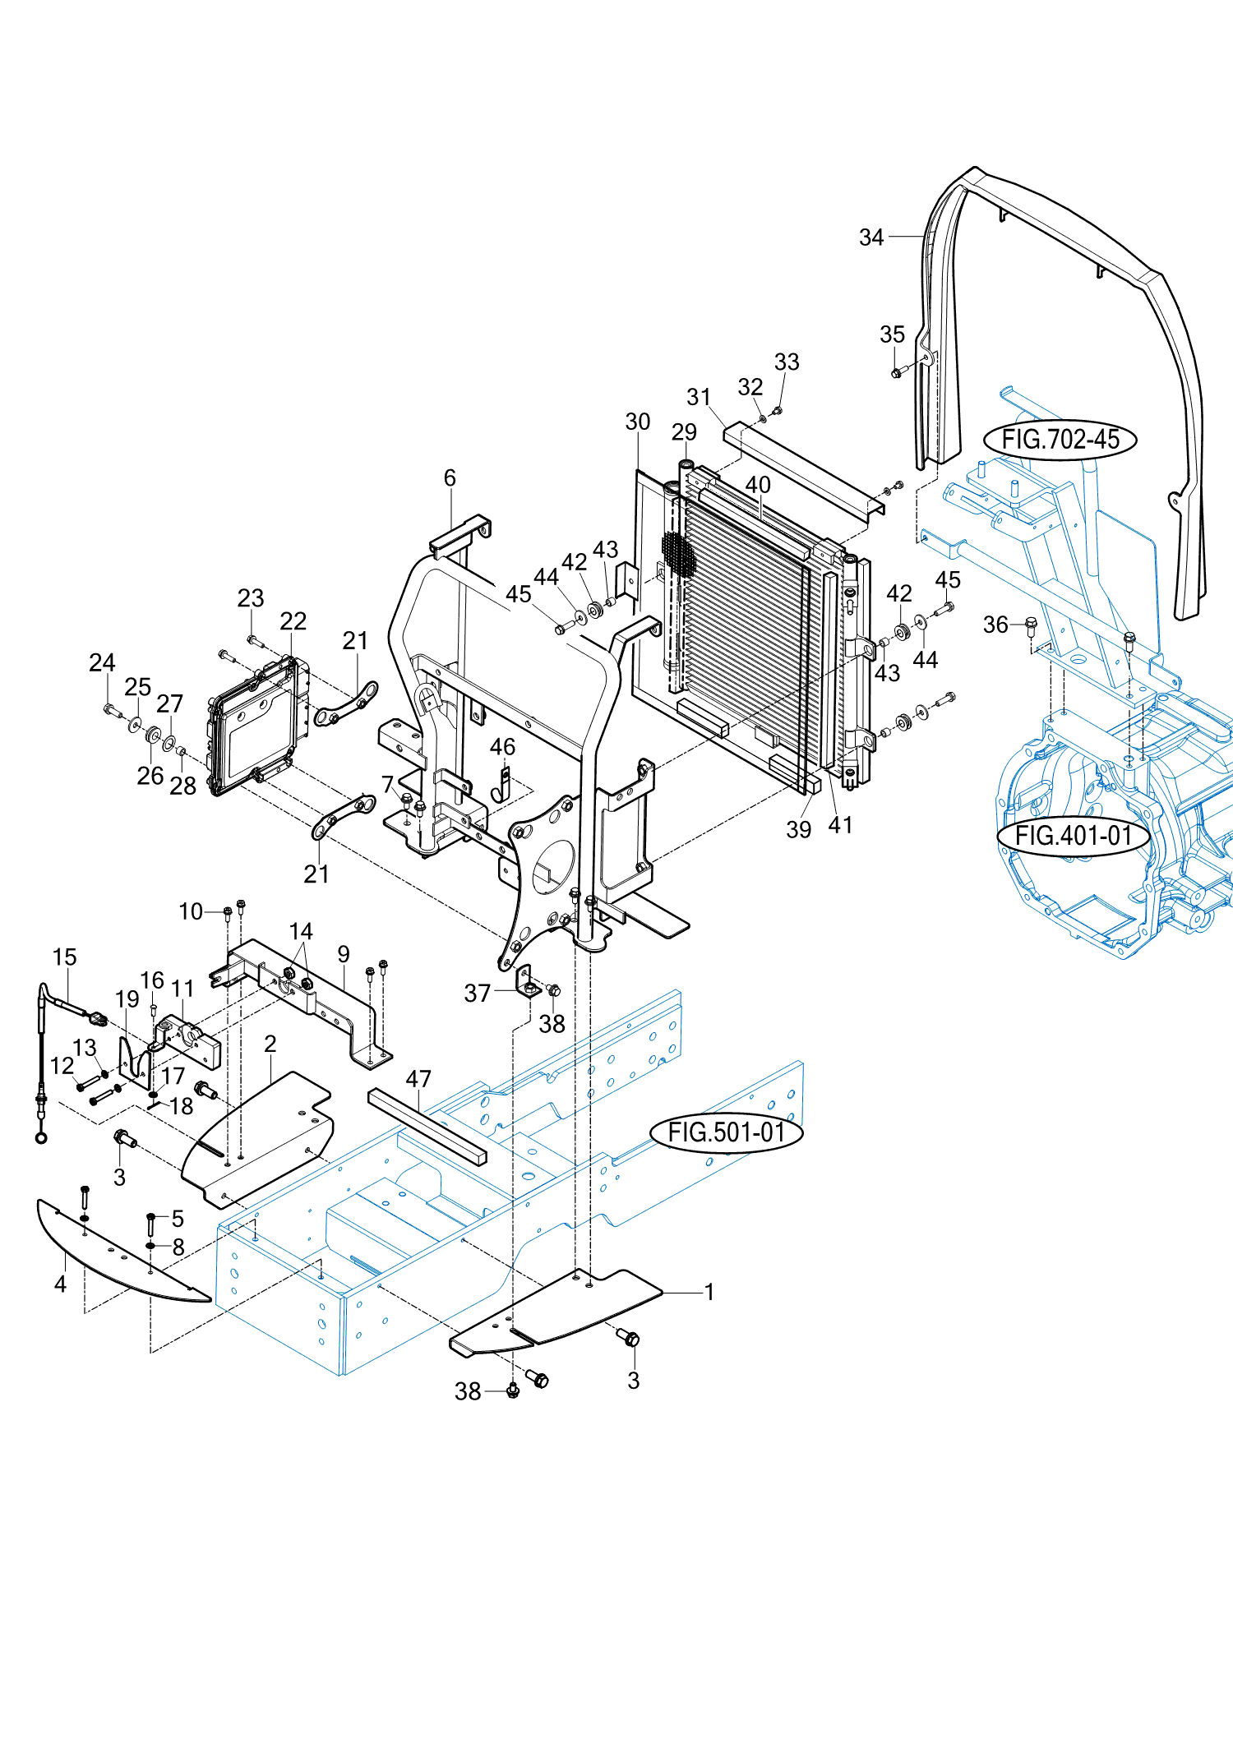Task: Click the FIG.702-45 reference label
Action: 1060,440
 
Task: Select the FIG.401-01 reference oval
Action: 1074,836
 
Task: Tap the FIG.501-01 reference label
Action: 727,1132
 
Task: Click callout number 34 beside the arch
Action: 871,237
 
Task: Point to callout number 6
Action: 450,477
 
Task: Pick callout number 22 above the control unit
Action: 293,620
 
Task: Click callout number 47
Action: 418,1078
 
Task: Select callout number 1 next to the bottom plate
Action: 709,1292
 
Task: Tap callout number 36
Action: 995,625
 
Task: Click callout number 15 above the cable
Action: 64,957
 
